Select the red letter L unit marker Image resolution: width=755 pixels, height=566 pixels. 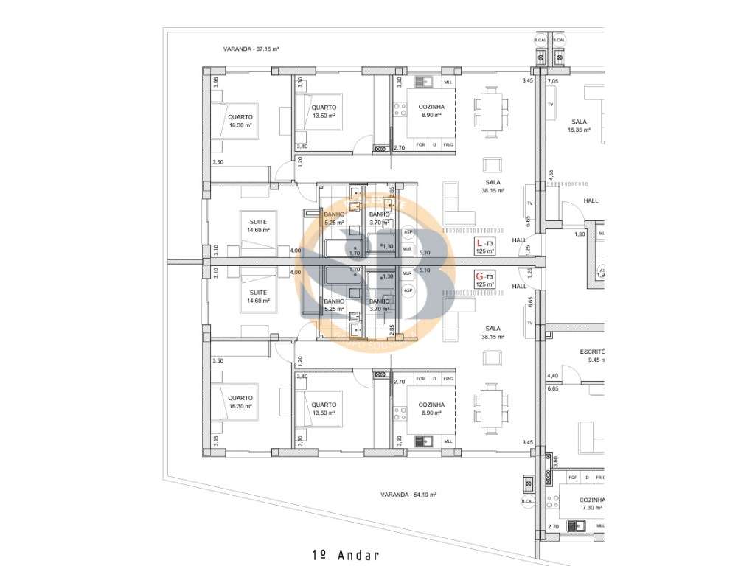(x=479, y=242)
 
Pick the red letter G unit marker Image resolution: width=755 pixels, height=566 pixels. (x=479, y=276)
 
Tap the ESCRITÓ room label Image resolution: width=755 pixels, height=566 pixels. (x=592, y=352)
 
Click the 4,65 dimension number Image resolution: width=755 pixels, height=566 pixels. (x=550, y=175)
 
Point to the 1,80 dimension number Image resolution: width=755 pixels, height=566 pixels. (x=580, y=234)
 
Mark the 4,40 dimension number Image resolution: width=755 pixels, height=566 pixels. (x=552, y=377)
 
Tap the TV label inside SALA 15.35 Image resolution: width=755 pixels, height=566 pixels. (x=550, y=105)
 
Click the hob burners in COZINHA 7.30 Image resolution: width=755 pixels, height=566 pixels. (x=552, y=504)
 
